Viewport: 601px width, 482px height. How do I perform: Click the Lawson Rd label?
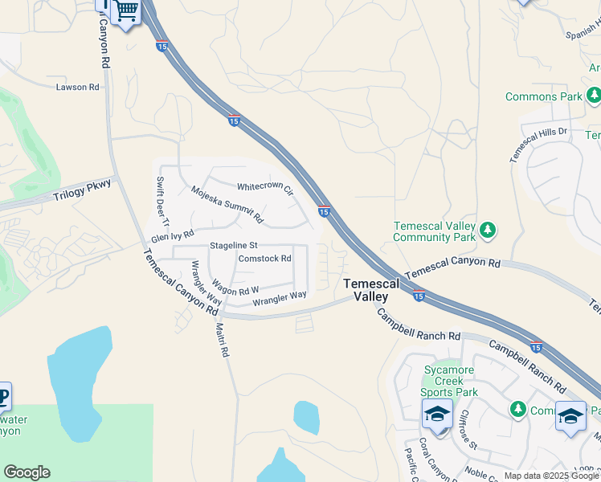(x=77, y=87)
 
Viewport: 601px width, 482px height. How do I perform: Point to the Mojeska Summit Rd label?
(x=227, y=204)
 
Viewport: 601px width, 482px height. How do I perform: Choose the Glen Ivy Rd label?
(x=173, y=237)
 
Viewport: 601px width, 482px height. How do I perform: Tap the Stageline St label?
(x=233, y=245)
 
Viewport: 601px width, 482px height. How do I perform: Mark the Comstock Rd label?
(x=264, y=259)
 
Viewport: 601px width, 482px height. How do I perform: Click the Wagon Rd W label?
(x=235, y=286)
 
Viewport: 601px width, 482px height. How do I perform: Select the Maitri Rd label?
(x=223, y=339)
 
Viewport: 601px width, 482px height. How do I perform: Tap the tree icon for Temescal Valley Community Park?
(x=488, y=231)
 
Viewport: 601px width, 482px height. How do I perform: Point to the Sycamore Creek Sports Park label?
(x=451, y=382)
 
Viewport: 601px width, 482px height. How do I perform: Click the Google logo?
(x=27, y=472)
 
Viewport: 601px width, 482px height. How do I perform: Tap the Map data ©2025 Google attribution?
(x=551, y=476)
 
